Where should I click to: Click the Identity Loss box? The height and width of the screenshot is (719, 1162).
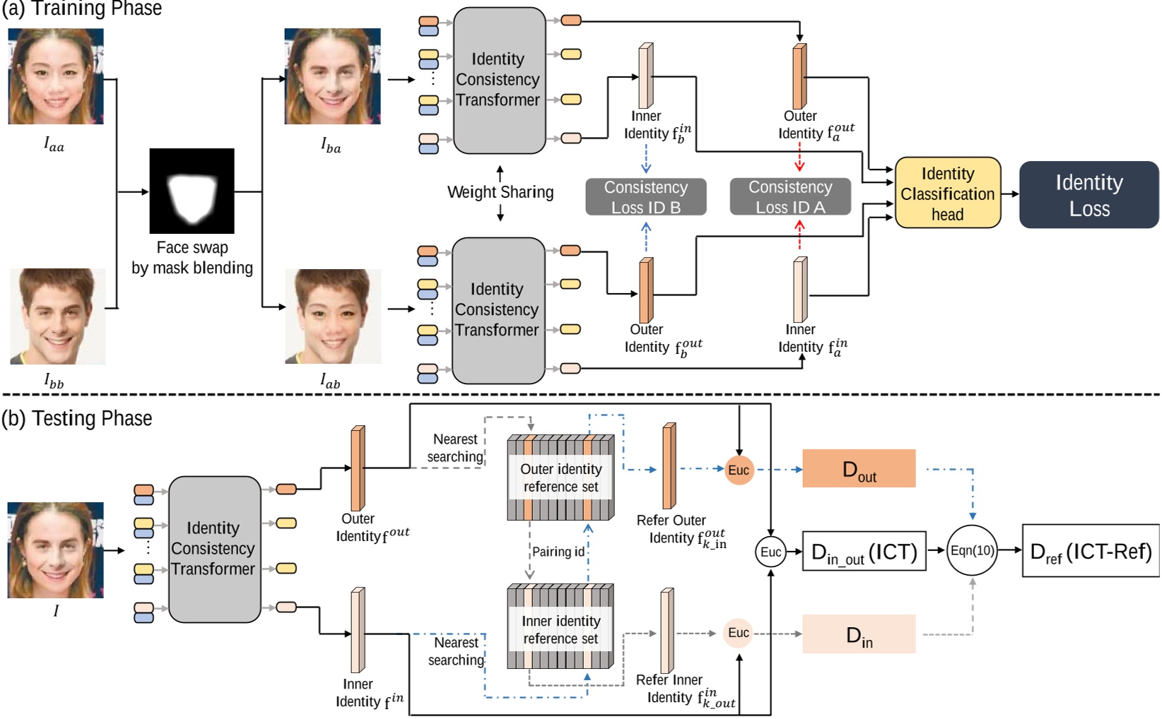[x=1088, y=195]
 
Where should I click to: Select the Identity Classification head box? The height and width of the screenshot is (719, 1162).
[x=948, y=193]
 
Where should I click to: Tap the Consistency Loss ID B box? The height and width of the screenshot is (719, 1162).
[x=645, y=197]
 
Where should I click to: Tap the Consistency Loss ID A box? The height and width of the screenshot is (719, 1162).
[x=790, y=197]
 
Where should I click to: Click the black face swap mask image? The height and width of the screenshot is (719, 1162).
[x=192, y=191]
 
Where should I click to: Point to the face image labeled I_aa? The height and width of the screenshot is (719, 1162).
[x=56, y=76]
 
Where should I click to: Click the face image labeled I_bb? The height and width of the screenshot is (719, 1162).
[x=57, y=316]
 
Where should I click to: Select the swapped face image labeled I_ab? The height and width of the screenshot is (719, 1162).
[x=333, y=316]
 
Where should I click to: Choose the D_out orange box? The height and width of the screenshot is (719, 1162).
[x=859, y=468]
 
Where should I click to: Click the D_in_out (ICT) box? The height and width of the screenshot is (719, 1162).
[x=864, y=552]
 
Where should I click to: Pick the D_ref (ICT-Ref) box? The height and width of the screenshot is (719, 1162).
[x=1090, y=551]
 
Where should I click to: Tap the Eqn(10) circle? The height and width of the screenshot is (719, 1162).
[x=972, y=550]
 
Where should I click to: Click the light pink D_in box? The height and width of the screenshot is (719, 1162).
[x=859, y=634]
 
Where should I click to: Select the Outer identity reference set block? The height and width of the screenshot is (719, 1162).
[x=561, y=477]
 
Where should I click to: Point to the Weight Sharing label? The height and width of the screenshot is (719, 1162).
[x=500, y=192]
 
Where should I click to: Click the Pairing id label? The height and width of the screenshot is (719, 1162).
[x=558, y=552]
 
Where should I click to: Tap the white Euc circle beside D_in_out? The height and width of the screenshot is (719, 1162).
[x=770, y=552]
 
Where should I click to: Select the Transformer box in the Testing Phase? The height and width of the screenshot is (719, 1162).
[x=214, y=549]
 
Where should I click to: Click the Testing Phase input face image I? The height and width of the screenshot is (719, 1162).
[x=56, y=549]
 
